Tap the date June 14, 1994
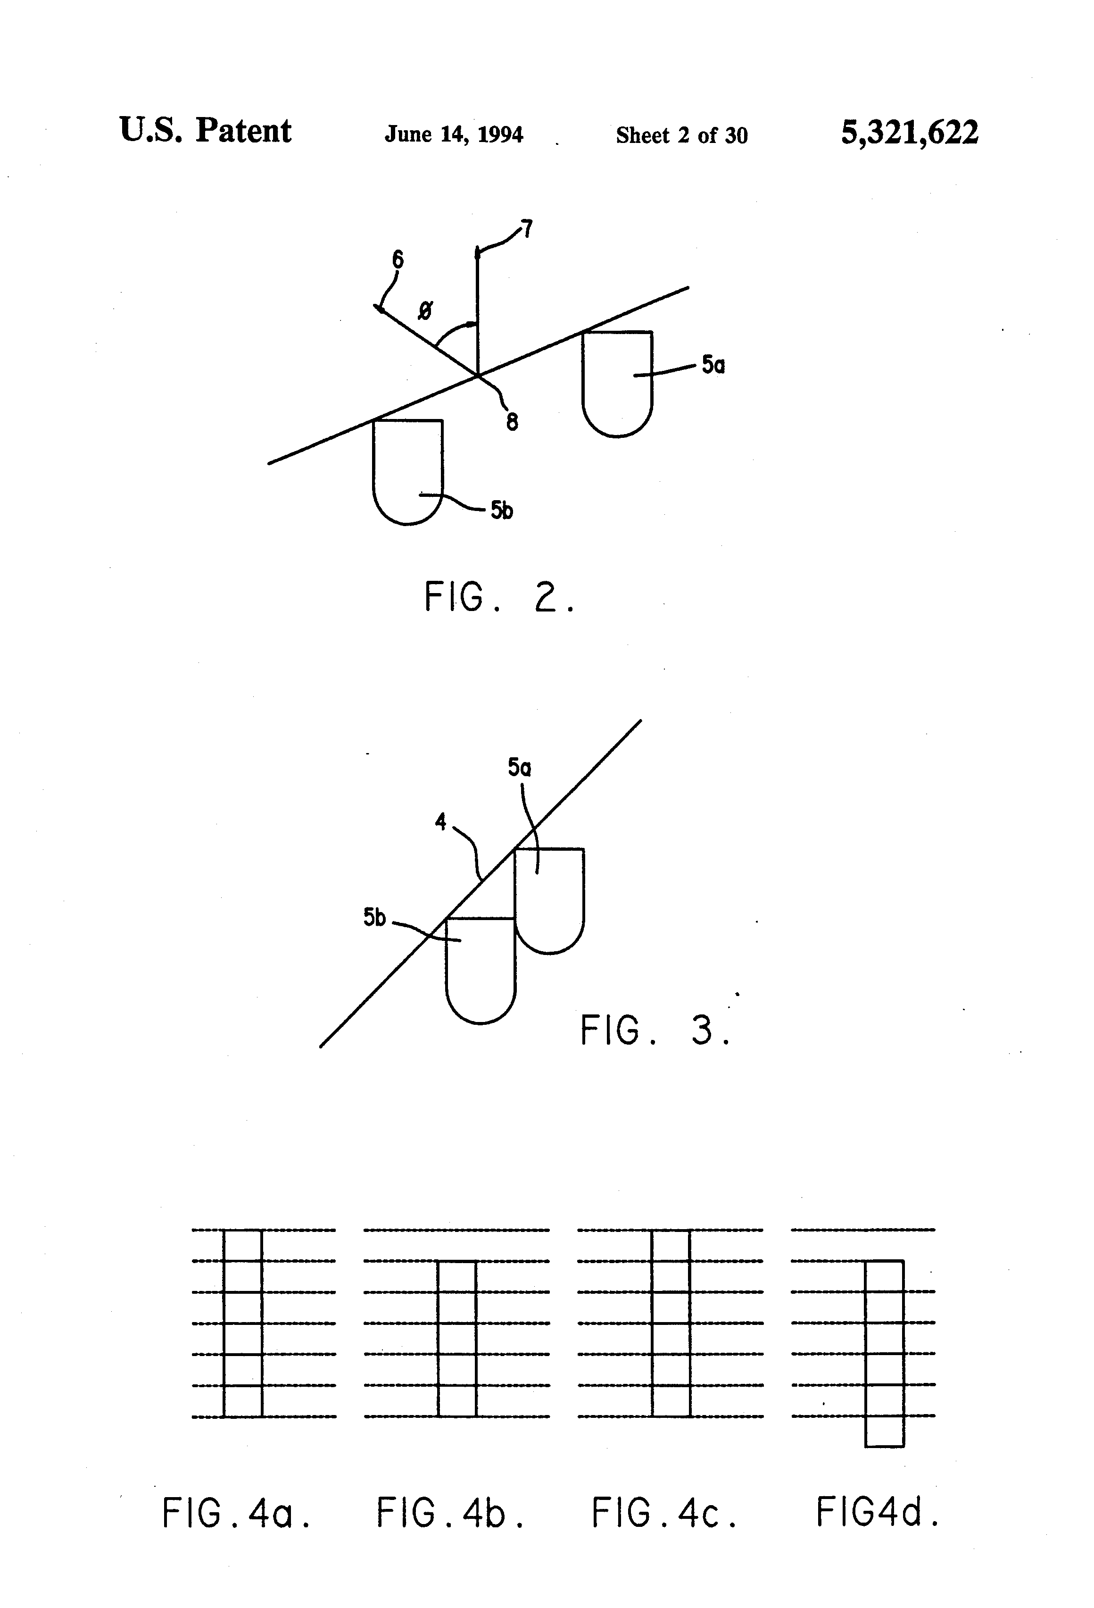pyautogui.click(x=454, y=134)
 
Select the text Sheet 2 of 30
pyautogui.click(x=681, y=135)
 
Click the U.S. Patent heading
pyautogui.click(x=206, y=130)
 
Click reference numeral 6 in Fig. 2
pyautogui.click(x=398, y=260)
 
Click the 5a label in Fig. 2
pyautogui.click(x=713, y=365)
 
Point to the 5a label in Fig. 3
pyautogui.click(x=519, y=767)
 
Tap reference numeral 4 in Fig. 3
pyautogui.click(x=440, y=821)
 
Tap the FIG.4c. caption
pyautogui.click(x=664, y=1513)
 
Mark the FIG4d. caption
pyautogui.click(x=878, y=1513)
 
